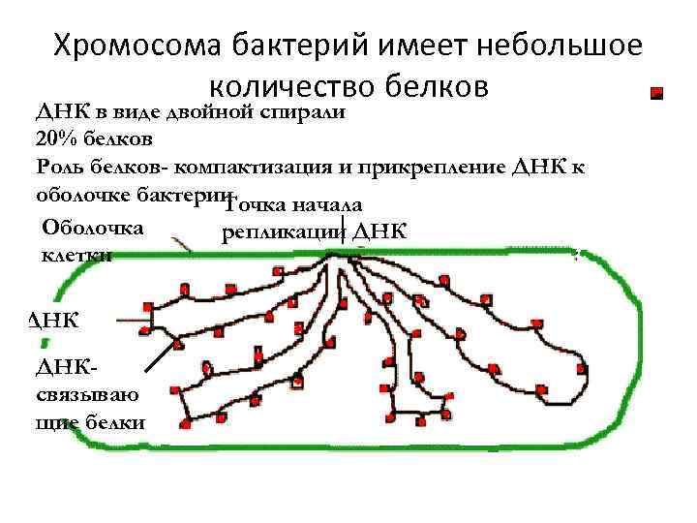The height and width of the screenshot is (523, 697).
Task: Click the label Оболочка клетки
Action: [x=93, y=241]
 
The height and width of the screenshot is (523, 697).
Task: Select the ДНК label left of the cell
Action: [x=56, y=319]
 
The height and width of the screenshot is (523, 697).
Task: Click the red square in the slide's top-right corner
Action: [x=656, y=94]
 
